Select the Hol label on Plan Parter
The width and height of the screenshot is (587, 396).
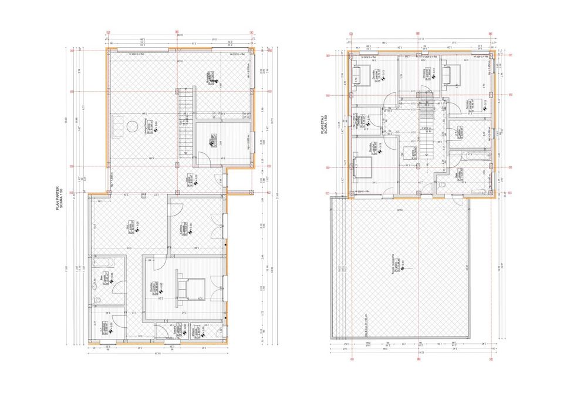[x=129, y=226]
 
